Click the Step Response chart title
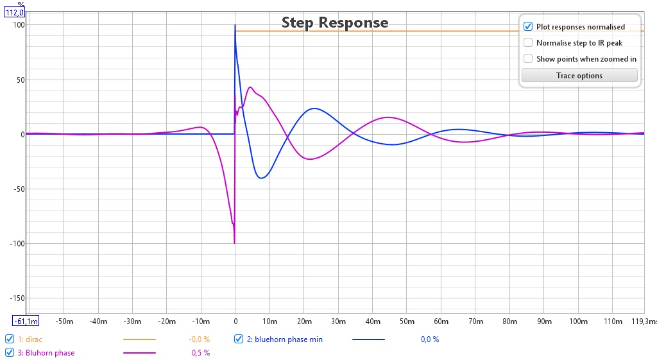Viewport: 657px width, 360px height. (x=335, y=22)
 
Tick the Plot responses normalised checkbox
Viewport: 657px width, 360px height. (x=528, y=26)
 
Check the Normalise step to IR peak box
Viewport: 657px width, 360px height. (x=528, y=43)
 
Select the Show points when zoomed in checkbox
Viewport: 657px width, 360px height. (x=528, y=58)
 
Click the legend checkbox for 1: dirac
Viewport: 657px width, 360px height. (x=9, y=339)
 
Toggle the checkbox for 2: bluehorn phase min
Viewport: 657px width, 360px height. (x=239, y=339)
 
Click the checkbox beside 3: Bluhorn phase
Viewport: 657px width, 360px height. (x=9, y=353)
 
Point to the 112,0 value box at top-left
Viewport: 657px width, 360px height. (x=14, y=13)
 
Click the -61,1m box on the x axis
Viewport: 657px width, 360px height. (x=26, y=321)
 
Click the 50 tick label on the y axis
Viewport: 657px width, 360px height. (x=21, y=80)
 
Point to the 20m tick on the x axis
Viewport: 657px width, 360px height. (x=304, y=321)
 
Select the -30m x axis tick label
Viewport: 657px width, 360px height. (x=132, y=321)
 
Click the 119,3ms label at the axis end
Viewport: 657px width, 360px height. (x=644, y=321)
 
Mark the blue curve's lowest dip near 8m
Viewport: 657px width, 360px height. (x=261, y=178)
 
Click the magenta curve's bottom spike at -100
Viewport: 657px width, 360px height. (x=234, y=243)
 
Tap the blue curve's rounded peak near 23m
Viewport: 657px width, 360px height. (x=314, y=108)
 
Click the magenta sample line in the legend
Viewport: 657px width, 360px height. (x=139, y=353)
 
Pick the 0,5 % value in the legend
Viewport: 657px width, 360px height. (x=201, y=353)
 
